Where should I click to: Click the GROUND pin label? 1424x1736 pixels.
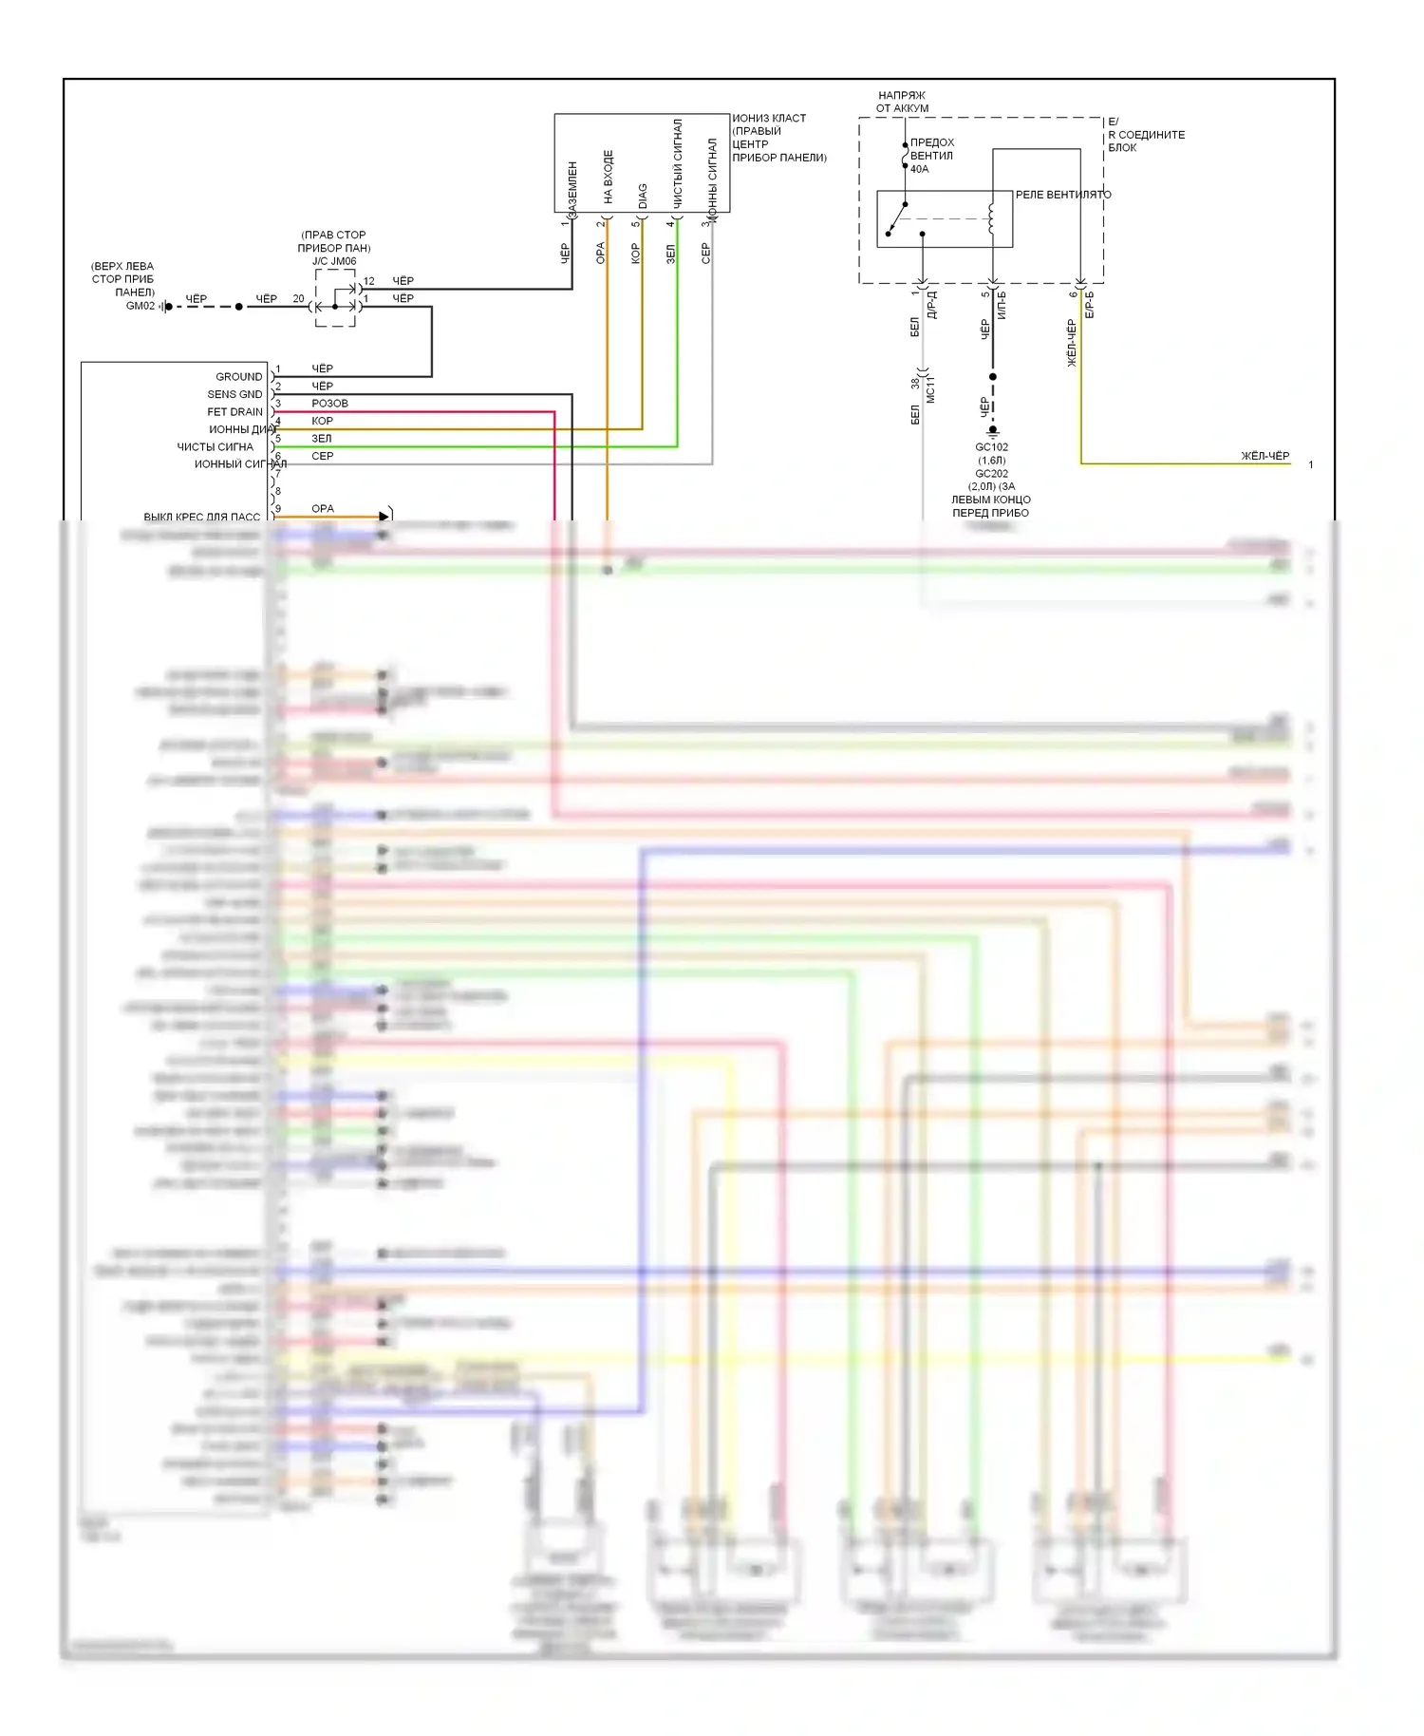[x=238, y=377]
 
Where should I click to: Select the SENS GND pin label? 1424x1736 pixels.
[x=234, y=394]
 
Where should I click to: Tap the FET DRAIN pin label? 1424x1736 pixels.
[x=234, y=412]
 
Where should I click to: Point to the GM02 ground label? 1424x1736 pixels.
[x=140, y=306]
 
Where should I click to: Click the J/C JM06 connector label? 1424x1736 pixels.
[x=334, y=261]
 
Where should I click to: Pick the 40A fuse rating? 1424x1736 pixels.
[x=919, y=169]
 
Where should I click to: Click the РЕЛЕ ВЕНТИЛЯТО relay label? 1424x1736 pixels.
[x=1062, y=195]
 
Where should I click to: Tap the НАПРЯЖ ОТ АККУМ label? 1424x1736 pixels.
[x=902, y=102]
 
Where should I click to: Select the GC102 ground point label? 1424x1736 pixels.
[x=991, y=447]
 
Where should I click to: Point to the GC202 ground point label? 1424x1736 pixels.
[x=991, y=474]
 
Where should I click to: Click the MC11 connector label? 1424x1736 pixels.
[x=930, y=389]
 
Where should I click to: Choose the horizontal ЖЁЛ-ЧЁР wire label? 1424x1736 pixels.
[x=1265, y=456]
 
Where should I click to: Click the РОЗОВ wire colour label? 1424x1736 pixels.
[x=329, y=404]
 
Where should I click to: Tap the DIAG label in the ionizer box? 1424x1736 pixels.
[x=643, y=196]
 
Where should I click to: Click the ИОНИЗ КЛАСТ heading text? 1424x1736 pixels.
[x=769, y=119]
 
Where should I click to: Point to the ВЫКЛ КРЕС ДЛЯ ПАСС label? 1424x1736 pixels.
[x=201, y=517]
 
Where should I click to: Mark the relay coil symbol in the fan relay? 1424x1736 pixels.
[x=991, y=217]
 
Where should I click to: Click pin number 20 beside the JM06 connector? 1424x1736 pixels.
[x=298, y=298]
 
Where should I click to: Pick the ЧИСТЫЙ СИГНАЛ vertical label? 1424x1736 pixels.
[x=678, y=163]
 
